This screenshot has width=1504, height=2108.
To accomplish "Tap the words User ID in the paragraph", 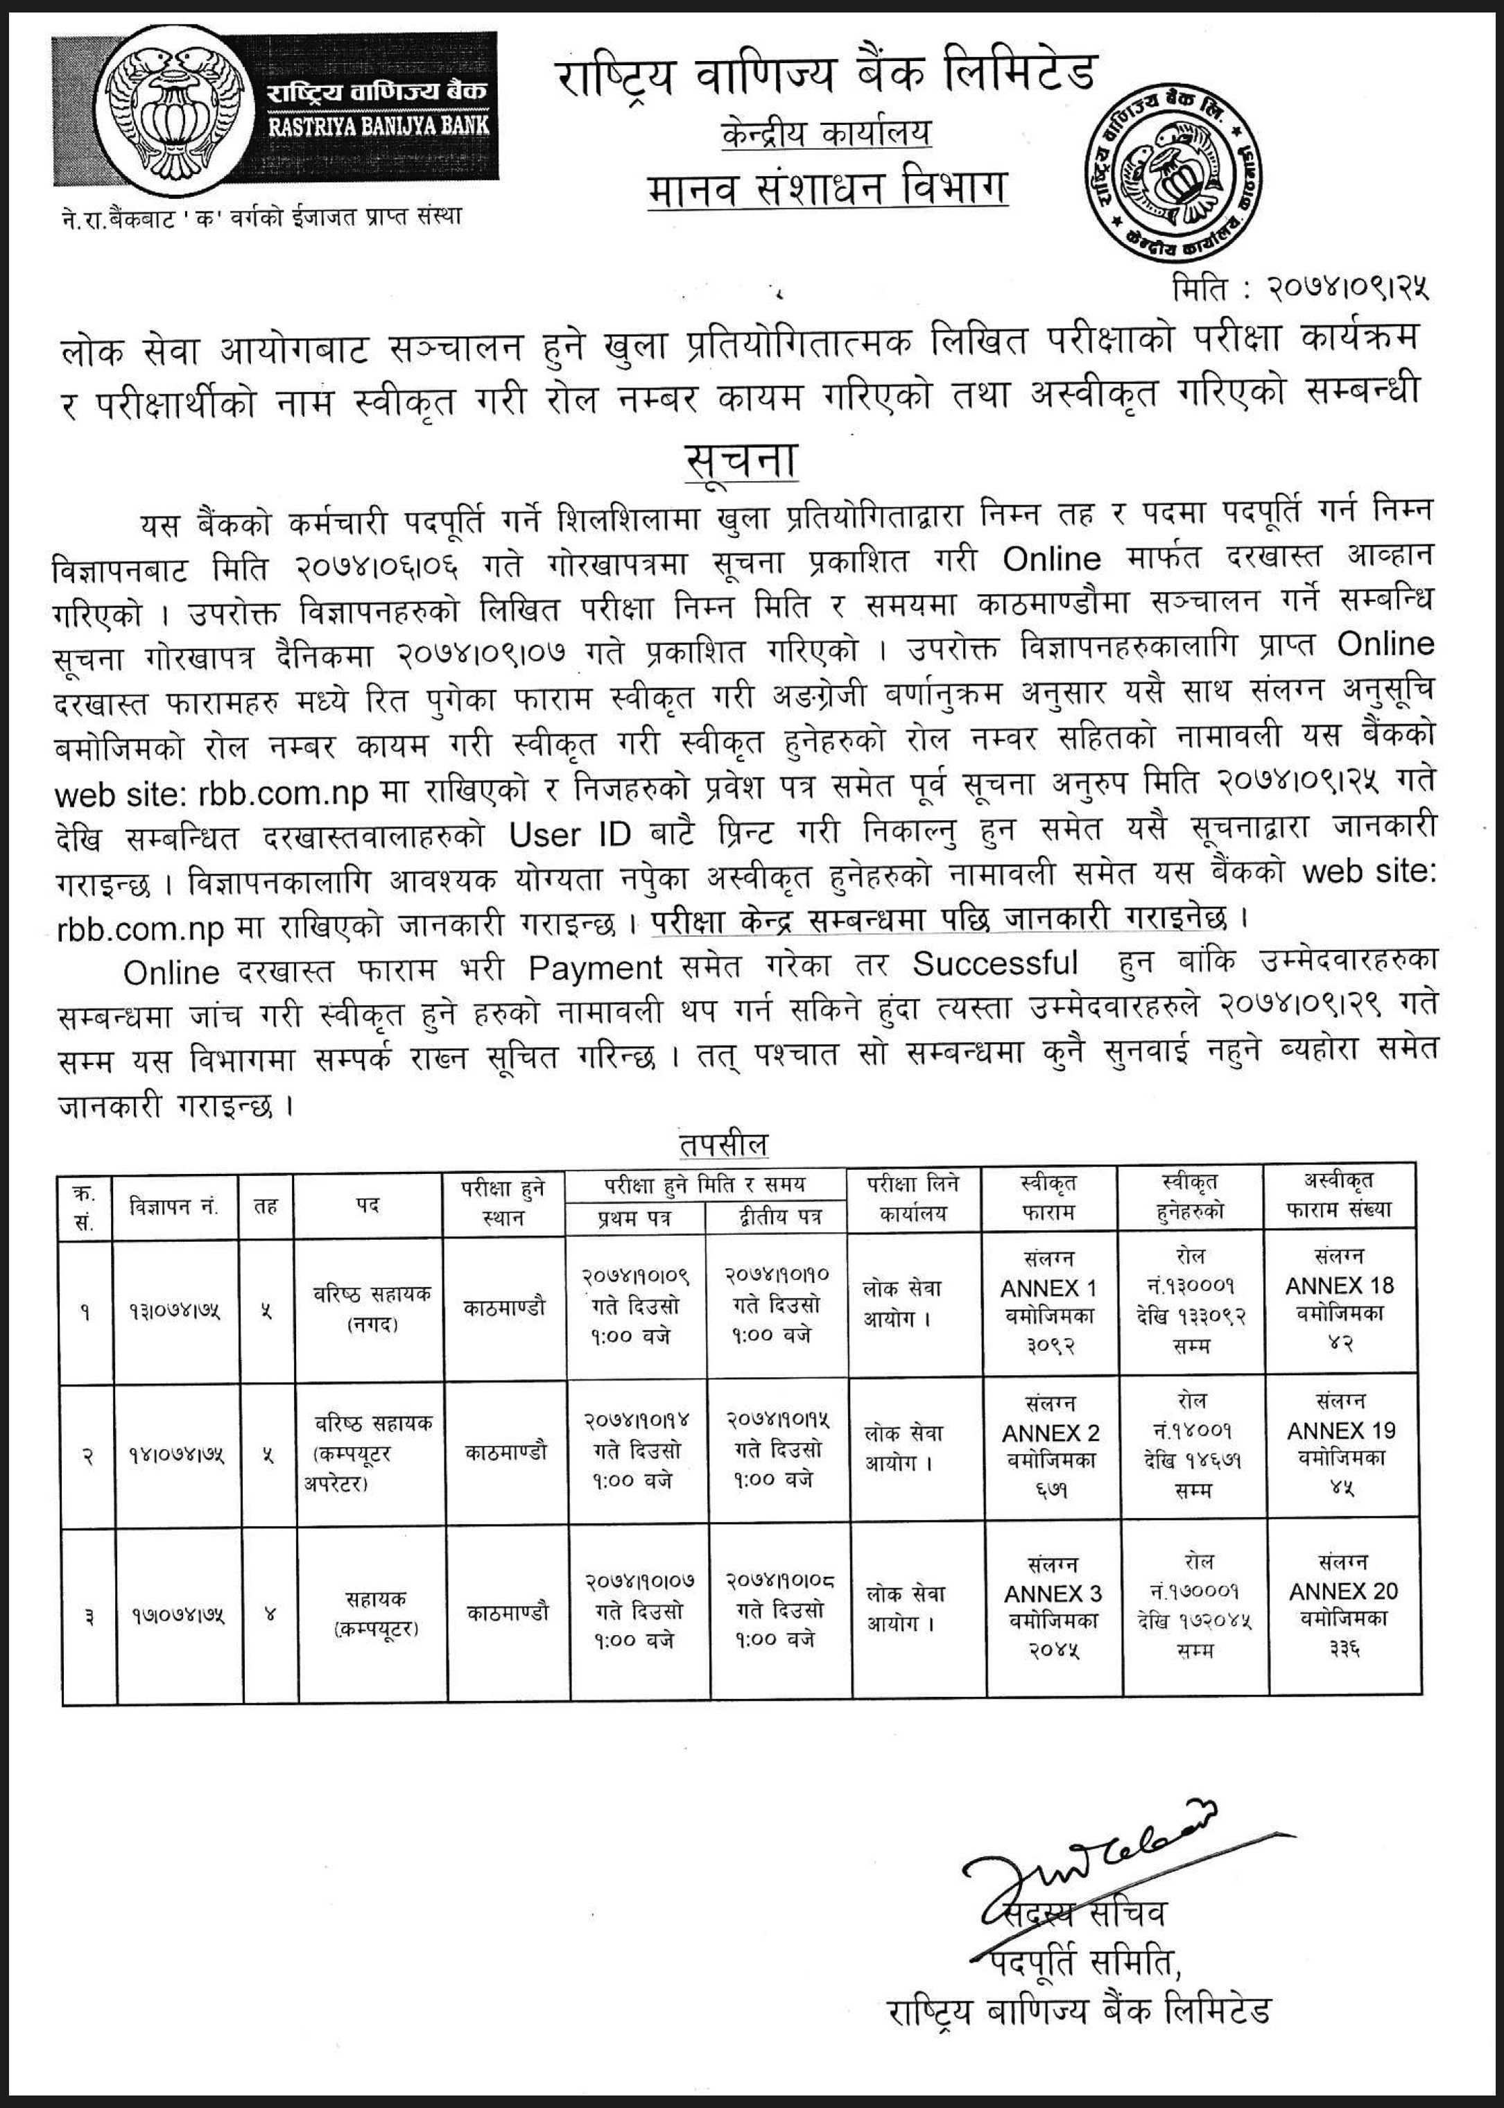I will pos(569,833).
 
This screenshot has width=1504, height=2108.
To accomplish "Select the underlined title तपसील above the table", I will pos(723,1145).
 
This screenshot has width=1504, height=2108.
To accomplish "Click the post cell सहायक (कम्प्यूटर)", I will pos(375,1612).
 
